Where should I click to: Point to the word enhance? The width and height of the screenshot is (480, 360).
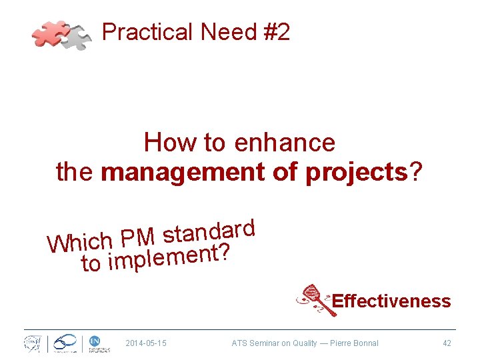pyautogui.click(x=285, y=143)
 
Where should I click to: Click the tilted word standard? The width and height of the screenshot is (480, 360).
pyautogui.click(x=209, y=231)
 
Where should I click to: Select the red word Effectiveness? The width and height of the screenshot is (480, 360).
pyautogui.click(x=391, y=301)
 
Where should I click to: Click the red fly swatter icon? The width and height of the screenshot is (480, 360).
pyautogui.click(x=314, y=299)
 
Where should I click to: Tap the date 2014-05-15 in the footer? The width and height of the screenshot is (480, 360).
pyautogui.click(x=146, y=343)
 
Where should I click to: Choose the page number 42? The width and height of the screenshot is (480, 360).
pyautogui.click(x=447, y=343)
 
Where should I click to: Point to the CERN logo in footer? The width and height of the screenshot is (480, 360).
pyautogui.click(x=32, y=343)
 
